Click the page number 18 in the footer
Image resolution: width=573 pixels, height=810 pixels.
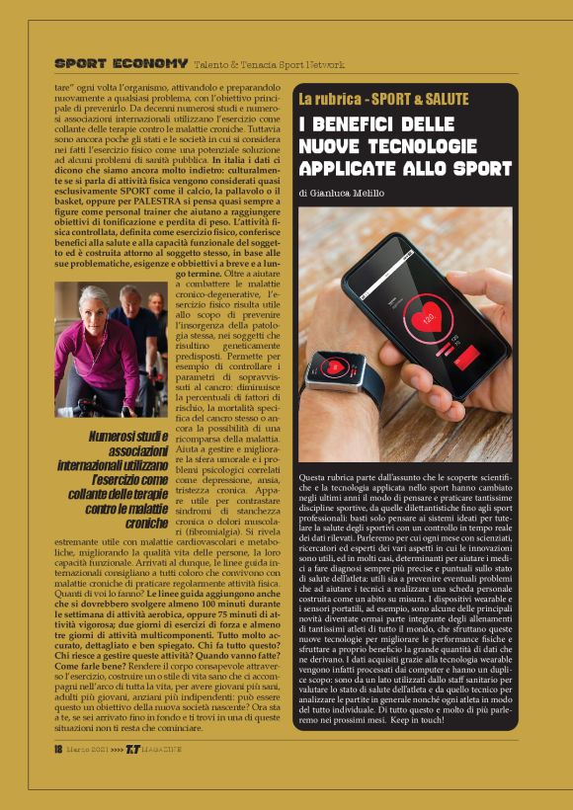pos(58,776)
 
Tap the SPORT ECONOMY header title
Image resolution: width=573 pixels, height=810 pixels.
pos(121,63)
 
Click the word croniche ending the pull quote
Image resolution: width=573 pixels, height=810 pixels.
pos(146,523)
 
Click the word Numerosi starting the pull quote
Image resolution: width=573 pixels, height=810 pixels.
pos(117,436)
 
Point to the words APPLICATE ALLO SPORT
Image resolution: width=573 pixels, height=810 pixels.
pos(401,168)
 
